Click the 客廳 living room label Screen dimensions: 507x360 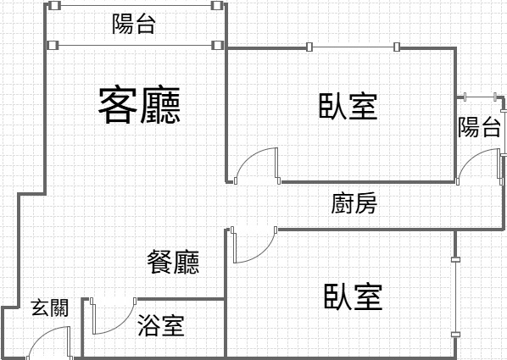coord(139,105)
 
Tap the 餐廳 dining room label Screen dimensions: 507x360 coord(173,263)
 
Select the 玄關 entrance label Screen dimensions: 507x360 coord(50,307)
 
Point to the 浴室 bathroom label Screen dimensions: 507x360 coord(161,325)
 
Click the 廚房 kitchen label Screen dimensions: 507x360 coord(354,203)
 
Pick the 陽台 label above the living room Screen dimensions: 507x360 coord(134,24)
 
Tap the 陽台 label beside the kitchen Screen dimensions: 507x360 coord(479,127)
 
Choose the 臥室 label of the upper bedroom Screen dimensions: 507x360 coord(348,106)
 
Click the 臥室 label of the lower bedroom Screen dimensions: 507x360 coord(353,296)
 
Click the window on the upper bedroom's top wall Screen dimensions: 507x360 coord(353,47)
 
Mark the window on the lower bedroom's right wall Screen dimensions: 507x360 coord(455,297)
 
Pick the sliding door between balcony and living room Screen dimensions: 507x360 coord(135,45)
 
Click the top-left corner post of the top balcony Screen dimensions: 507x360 coord(54,5)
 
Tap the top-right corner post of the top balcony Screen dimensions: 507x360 coord(217,5)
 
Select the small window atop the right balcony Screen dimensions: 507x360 coord(480,97)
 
